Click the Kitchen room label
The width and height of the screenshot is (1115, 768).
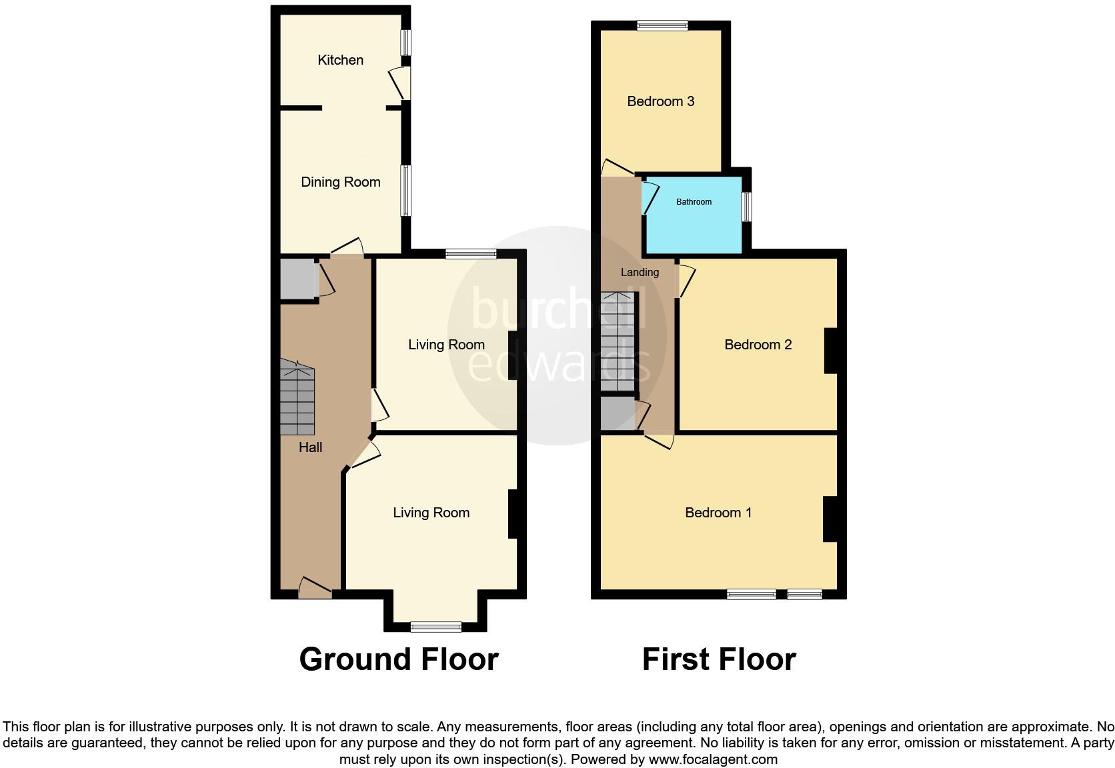pyautogui.click(x=340, y=60)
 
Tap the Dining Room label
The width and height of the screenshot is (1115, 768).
pyautogui.click(x=340, y=182)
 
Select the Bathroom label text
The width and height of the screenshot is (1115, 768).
pyautogui.click(x=694, y=202)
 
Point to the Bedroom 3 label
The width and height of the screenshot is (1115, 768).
pyautogui.click(x=660, y=101)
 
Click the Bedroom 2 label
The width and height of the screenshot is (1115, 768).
pyautogui.click(x=758, y=345)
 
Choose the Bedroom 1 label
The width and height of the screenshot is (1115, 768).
pyautogui.click(x=718, y=513)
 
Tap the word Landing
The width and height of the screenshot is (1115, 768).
pyautogui.click(x=640, y=272)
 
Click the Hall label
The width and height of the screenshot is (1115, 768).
pyautogui.click(x=310, y=447)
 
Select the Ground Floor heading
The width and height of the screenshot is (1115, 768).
pyautogui.click(x=398, y=659)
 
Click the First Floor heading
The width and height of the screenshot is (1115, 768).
pyautogui.click(x=718, y=659)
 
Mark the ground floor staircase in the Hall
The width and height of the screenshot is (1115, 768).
pyautogui.click(x=297, y=397)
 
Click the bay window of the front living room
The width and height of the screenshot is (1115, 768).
pyautogui.click(x=435, y=626)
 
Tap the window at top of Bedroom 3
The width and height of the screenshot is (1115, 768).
pyautogui.click(x=662, y=26)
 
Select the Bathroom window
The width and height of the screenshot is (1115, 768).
pyautogui.click(x=747, y=207)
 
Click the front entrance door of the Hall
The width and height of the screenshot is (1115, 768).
pyautogui.click(x=315, y=588)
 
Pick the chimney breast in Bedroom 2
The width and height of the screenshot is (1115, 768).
pyautogui.click(x=831, y=351)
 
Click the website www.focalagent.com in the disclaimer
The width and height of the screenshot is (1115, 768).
pyautogui.click(x=713, y=759)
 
